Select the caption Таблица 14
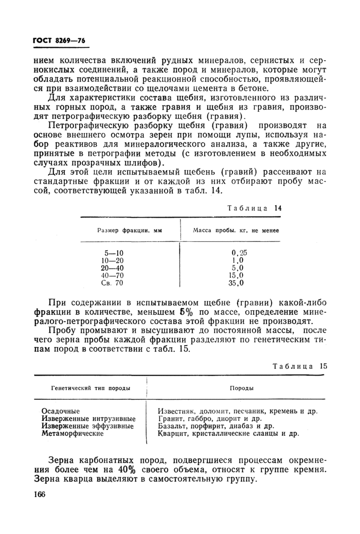pos(255,208)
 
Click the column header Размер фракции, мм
pos(129,231)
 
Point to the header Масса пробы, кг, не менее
pos(236,231)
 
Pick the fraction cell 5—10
pos(113,253)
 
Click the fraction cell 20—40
pos(113,268)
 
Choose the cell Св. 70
pos(113,283)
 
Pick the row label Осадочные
pos(61,411)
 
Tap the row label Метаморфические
pos(72,433)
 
